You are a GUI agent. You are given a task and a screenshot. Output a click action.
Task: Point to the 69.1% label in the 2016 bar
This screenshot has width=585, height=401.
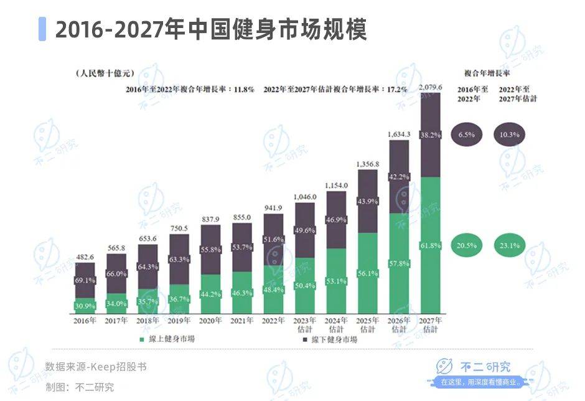pos(85,281)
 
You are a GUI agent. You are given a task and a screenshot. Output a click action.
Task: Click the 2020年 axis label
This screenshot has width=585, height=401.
pos(210,321)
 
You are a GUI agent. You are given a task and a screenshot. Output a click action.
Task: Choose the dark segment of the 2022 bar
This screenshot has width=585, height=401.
pos(273,240)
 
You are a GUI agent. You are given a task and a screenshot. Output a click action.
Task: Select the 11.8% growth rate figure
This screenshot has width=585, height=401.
pos(244,90)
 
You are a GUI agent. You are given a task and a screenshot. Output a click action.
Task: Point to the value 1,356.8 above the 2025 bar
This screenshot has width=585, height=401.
pos(368,164)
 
